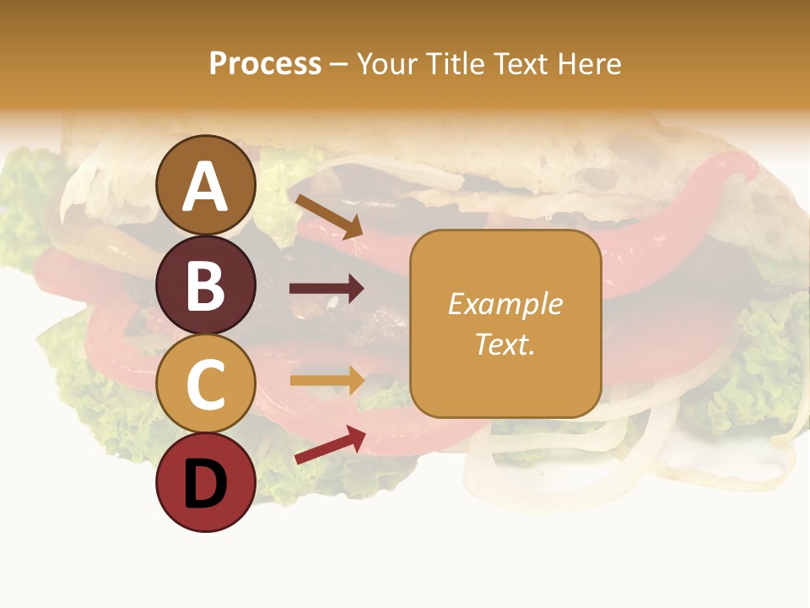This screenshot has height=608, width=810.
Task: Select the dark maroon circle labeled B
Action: tap(206, 285)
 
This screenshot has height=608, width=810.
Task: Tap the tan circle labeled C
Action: tap(206, 384)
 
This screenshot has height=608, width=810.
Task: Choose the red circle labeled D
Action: tap(206, 482)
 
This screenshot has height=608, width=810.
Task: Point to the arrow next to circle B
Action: tap(327, 289)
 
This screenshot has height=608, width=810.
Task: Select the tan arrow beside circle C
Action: tap(327, 380)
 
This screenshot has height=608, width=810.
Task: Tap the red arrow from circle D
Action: tap(330, 444)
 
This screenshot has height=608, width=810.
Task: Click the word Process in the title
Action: tap(265, 64)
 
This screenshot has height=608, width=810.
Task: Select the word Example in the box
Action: tap(505, 304)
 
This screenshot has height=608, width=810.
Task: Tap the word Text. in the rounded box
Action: tap(505, 344)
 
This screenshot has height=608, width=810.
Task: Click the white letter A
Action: tap(206, 187)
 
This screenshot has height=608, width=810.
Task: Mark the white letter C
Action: tap(206, 385)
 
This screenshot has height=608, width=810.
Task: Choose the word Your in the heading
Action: tap(389, 64)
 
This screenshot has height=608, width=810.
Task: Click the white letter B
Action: tap(206, 285)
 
